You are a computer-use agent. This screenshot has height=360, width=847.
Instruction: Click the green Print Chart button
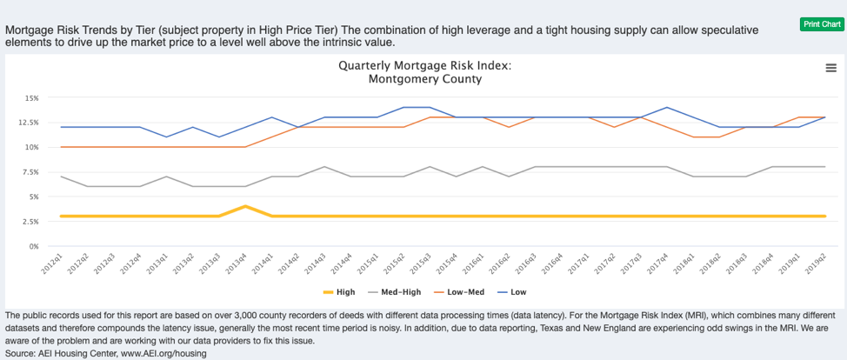click(x=822, y=23)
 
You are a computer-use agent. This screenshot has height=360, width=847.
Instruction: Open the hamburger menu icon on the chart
click(x=830, y=69)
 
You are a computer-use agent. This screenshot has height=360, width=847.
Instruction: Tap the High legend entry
click(x=338, y=292)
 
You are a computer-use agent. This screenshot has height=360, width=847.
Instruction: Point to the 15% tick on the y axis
click(x=31, y=97)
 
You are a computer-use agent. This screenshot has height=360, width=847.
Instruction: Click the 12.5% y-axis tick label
click(x=29, y=123)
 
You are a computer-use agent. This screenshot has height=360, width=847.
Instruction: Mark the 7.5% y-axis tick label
click(x=30, y=172)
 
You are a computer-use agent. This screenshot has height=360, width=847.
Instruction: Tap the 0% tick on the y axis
click(x=34, y=246)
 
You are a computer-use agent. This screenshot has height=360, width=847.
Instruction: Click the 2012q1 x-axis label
click(x=52, y=263)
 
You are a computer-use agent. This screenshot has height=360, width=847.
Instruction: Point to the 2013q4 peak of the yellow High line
click(x=246, y=206)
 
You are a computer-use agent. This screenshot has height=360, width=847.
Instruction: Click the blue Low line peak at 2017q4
click(x=666, y=108)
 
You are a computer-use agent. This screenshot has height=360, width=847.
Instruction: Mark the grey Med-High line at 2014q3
click(x=324, y=167)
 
